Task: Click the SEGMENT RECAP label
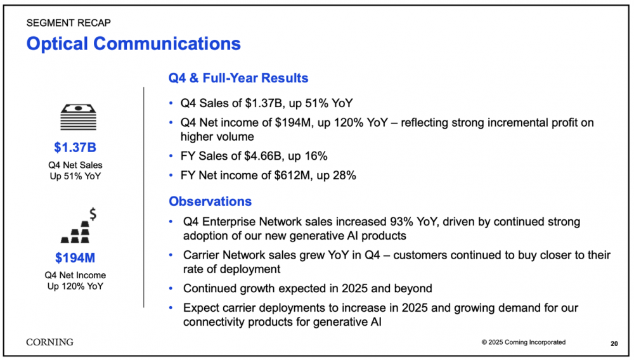pos(68,23)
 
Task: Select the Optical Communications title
pos(133,44)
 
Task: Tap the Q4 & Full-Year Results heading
pos(238,78)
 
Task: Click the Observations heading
pos(210,201)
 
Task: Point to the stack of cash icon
pos(79,117)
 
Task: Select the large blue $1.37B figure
pos(75,148)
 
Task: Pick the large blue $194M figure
pos(75,258)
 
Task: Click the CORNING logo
pos(49,342)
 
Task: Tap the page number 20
pos(614,344)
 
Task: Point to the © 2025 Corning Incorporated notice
pos(523,342)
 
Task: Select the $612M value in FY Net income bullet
pos(286,176)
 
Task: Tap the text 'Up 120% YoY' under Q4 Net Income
pos(75,286)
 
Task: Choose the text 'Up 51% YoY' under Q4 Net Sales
pos(75,176)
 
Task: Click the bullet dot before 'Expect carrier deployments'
pos(171,308)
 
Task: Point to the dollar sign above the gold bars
pos(93,214)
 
